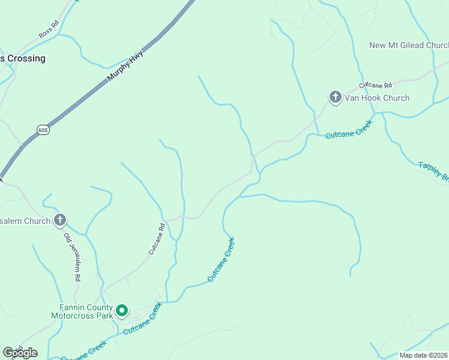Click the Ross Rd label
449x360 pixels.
pos(49,29)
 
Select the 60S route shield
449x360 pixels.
pos(43,130)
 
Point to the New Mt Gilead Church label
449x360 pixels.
pos(409,45)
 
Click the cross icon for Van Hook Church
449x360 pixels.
pos(335,97)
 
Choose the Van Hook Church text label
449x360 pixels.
pos(377,98)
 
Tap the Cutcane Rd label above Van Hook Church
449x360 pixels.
pos(376,86)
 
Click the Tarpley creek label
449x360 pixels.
pos(433,170)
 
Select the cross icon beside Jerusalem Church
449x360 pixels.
pos(59,220)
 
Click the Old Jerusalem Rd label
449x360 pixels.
pos(72,257)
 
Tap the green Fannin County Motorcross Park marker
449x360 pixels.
pos(122,310)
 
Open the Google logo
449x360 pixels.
pos(20,353)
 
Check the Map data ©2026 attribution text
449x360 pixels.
pos(423,355)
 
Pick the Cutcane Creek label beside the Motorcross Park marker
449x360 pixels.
pos(143,318)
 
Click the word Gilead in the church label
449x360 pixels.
pos(411,45)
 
